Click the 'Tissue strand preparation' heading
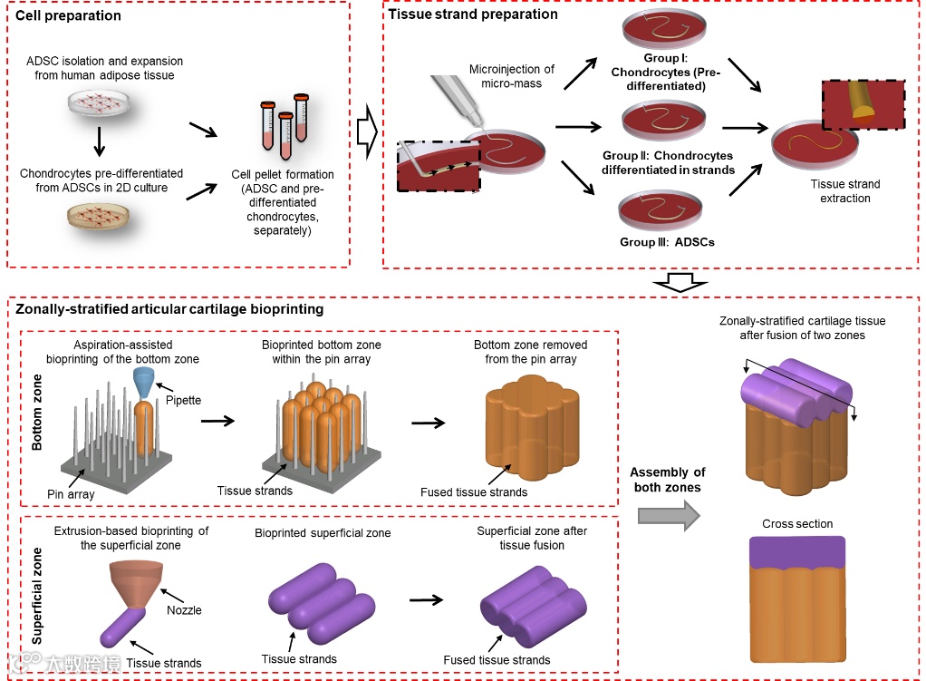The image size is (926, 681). click(x=473, y=14)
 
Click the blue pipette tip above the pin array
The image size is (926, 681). click(x=146, y=382)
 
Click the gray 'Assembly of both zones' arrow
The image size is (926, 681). click(x=669, y=515)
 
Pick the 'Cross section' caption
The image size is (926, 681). click(x=797, y=524)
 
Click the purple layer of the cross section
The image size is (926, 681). click(x=797, y=552)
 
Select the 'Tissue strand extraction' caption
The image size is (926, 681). click(x=844, y=191)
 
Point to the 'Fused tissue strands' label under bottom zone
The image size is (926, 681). click(x=474, y=492)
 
